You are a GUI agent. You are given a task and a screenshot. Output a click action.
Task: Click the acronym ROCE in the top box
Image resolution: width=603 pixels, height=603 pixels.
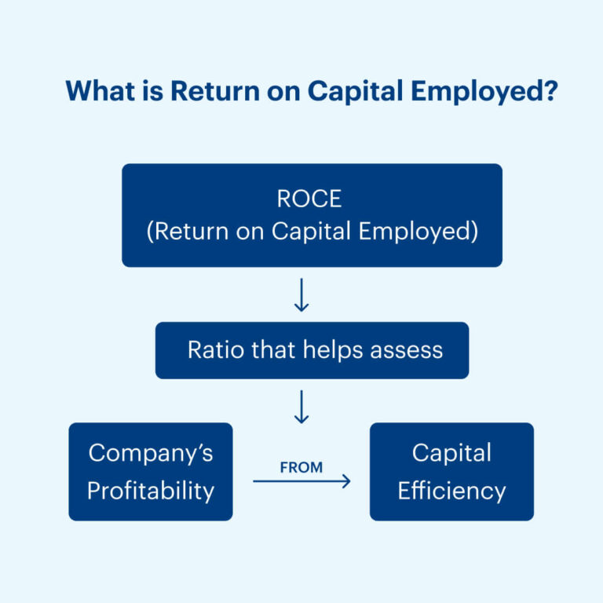(x=309, y=199)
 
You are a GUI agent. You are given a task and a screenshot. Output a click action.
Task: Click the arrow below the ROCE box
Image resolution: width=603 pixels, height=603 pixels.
(x=301, y=296)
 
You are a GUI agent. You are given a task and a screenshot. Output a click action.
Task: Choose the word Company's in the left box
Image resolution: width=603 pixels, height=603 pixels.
(x=151, y=453)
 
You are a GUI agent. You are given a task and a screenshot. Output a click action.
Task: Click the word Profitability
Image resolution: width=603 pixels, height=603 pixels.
(x=151, y=491)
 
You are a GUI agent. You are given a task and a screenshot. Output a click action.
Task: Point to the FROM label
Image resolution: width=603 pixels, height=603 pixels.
(x=301, y=467)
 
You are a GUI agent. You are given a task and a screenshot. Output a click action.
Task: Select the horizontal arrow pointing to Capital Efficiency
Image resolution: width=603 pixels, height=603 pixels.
(x=301, y=481)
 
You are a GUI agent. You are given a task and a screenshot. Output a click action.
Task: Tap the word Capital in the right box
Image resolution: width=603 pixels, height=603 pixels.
(x=451, y=453)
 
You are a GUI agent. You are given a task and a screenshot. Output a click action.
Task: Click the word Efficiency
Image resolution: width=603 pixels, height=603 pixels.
(x=451, y=491)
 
